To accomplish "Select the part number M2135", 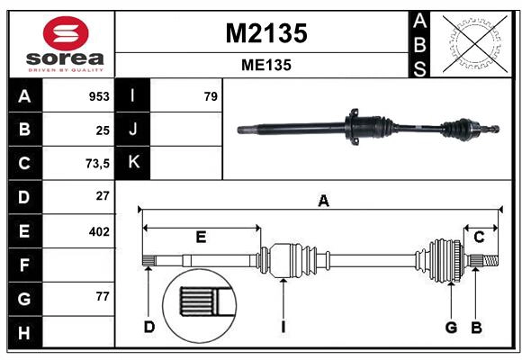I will click(x=265, y=33).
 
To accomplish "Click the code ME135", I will click(x=265, y=65).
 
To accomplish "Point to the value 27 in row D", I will click(x=103, y=195).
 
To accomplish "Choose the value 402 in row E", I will click(x=99, y=231).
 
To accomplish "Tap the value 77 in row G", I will click(x=103, y=295).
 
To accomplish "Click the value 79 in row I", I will click(x=211, y=96).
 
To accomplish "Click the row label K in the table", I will click(x=133, y=163).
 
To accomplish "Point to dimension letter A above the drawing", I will click(x=323, y=202).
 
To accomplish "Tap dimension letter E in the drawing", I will click(x=201, y=238).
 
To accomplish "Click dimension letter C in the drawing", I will click(x=480, y=238).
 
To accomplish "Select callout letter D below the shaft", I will click(x=149, y=326).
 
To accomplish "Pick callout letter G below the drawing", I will click(x=451, y=326).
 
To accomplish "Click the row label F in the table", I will click(x=24, y=265).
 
